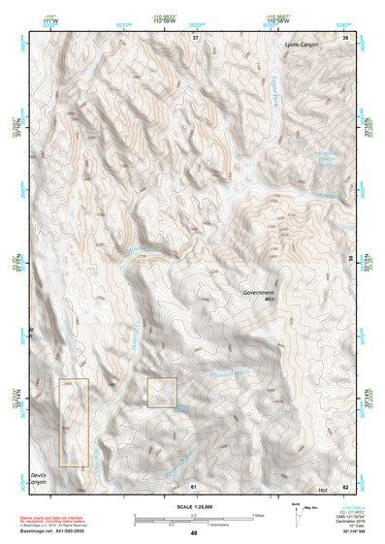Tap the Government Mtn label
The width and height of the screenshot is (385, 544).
click(259, 295)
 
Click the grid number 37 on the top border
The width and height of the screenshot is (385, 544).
click(195, 37)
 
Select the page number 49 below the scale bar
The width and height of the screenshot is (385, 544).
click(194, 533)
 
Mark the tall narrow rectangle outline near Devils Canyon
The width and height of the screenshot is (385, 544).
click(73, 423)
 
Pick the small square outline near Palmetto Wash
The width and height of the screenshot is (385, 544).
click(162, 393)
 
